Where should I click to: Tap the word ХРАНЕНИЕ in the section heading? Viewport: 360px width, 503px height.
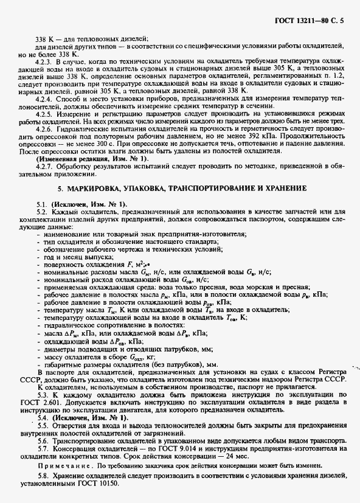[x=287, y=189]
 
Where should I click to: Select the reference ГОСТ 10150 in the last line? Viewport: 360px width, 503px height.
[x=101, y=484]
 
